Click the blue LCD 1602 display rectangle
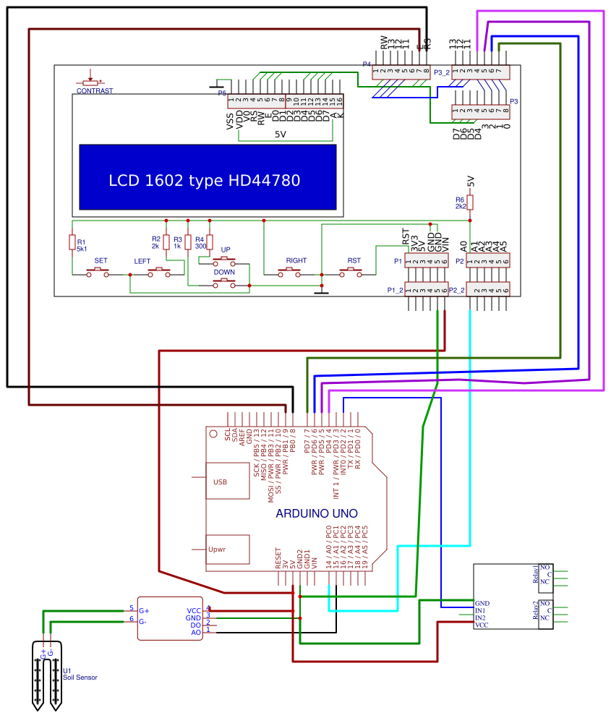tap(207, 178)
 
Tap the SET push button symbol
tap(98, 272)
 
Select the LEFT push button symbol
tap(159, 272)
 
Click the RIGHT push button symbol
tap(290, 272)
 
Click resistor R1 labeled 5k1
tap(72, 242)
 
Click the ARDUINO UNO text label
tap(317, 514)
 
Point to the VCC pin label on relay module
tap(482, 625)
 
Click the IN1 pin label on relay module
tap(480, 610)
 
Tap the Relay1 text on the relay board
tap(535, 574)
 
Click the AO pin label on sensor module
tap(196, 633)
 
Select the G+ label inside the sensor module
tap(143, 611)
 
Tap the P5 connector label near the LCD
tap(222, 93)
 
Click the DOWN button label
tap(223, 272)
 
